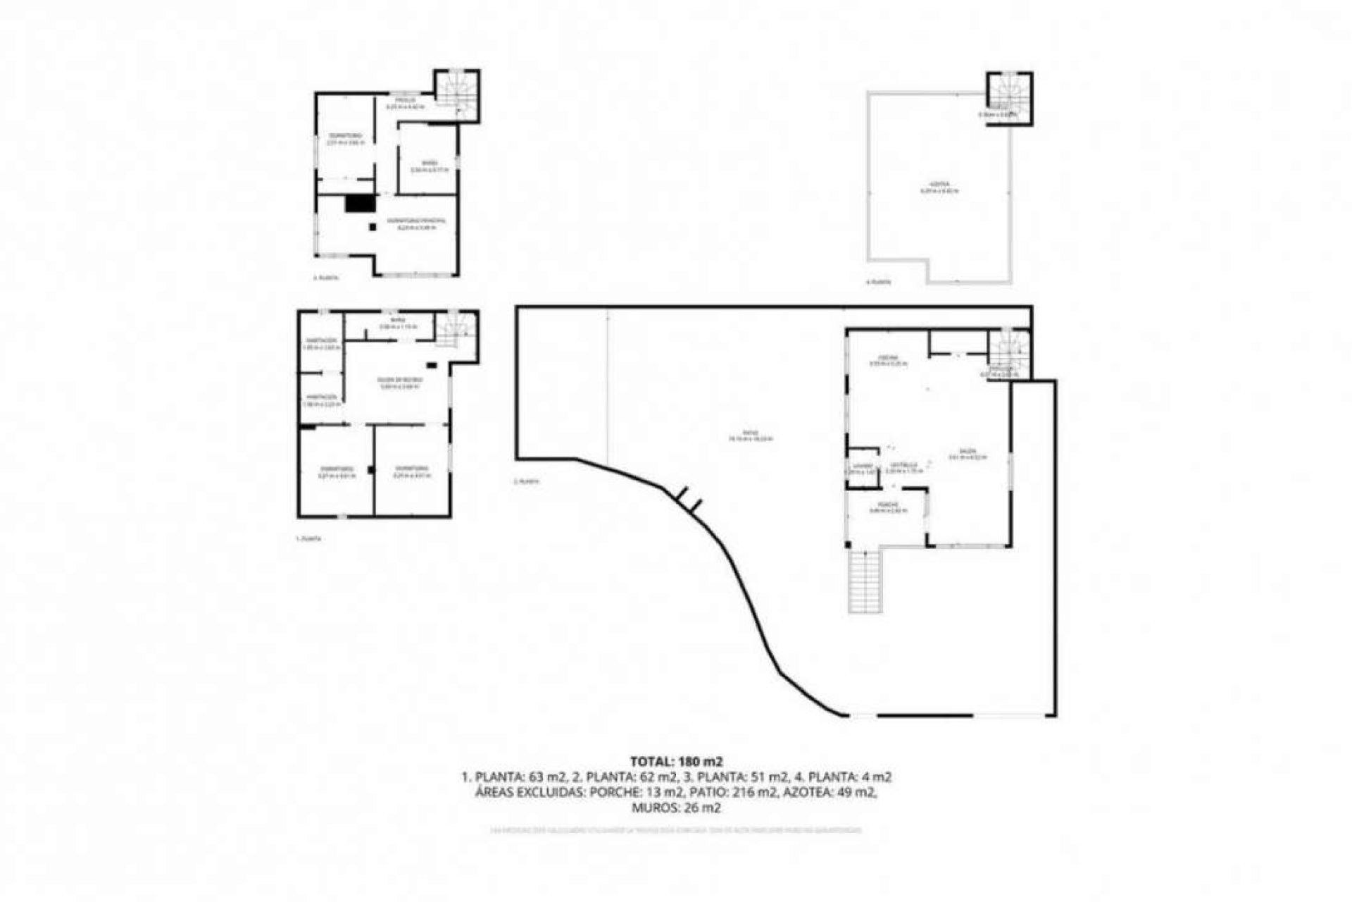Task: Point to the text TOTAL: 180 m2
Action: point(676,762)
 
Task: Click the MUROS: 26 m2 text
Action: point(676,808)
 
